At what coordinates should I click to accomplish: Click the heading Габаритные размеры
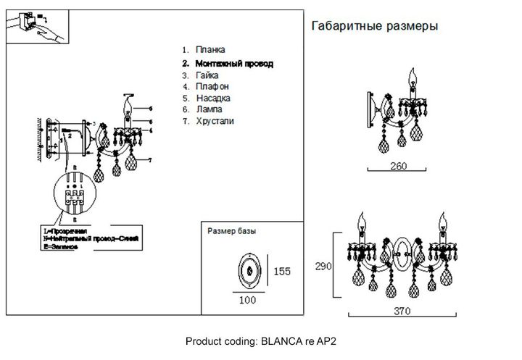[373, 26]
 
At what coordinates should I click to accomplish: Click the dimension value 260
[398, 166]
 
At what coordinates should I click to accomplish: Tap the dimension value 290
[323, 267]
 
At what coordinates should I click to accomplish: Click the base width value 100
[247, 299]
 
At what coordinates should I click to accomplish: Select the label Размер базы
[231, 232]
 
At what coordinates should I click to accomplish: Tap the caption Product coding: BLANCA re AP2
[262, 340]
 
